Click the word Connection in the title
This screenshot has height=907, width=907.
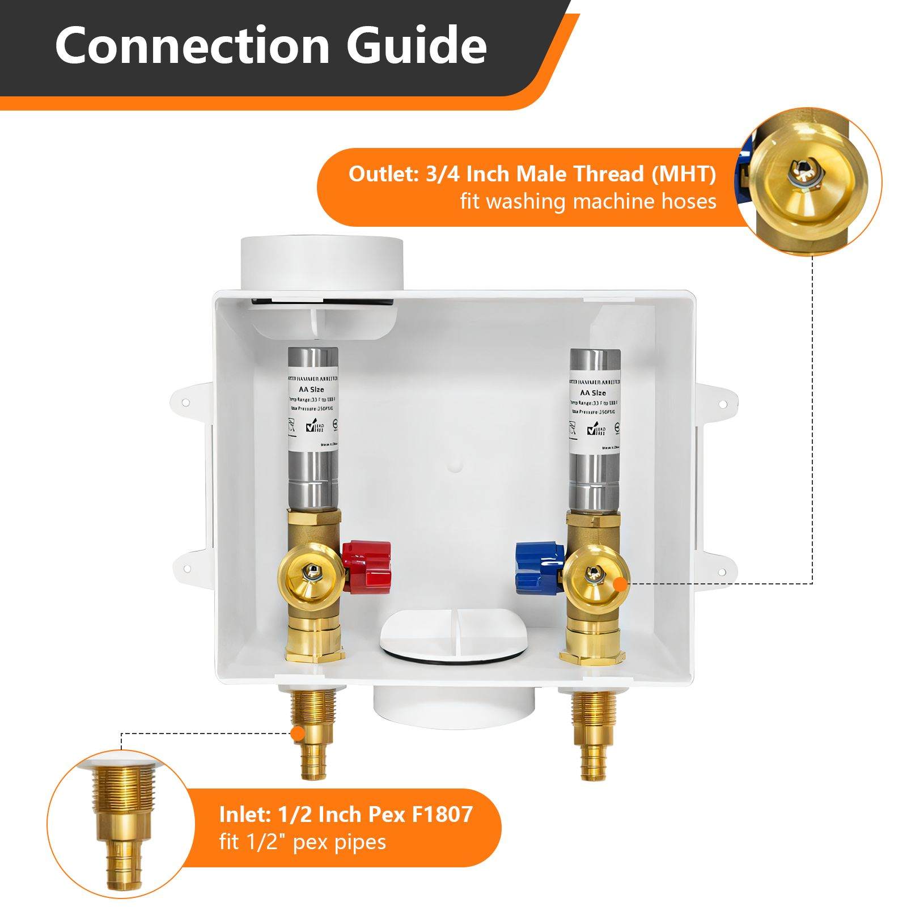click(192, 45)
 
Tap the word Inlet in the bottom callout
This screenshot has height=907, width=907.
click(244, 815)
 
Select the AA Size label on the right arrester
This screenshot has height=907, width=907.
click(593, 392)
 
